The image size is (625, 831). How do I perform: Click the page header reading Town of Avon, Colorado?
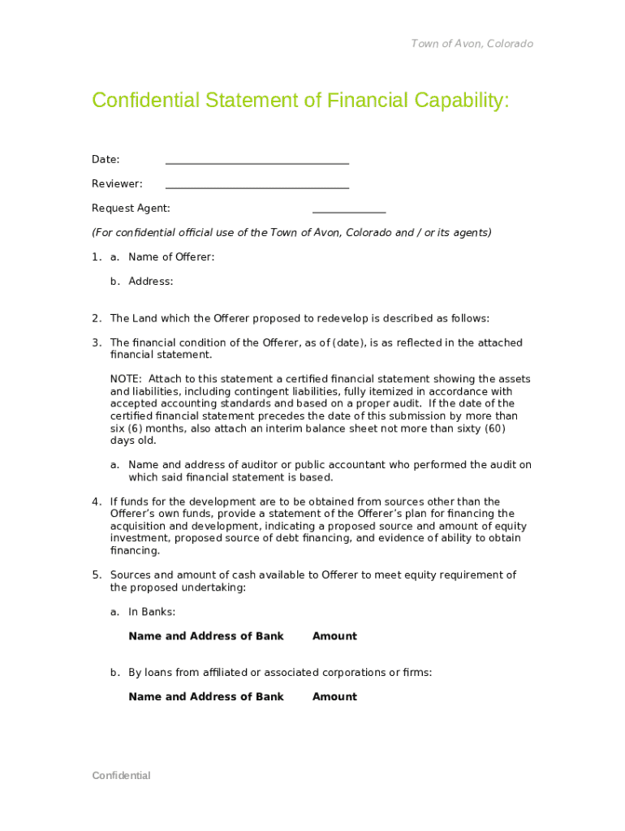coord(472,44)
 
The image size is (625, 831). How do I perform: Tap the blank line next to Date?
coord(256,162)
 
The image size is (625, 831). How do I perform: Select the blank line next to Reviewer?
coord(256,187)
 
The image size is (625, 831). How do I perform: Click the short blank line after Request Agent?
coord(349,212)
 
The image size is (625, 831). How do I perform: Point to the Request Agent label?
coord(131,209)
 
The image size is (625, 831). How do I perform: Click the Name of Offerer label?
coord(171,257)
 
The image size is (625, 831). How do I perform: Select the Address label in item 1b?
coord(150,282)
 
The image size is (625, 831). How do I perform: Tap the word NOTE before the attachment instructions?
coord(125,379)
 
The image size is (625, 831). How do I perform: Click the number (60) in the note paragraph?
coord(495,428)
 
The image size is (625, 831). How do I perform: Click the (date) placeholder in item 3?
coord(347,342)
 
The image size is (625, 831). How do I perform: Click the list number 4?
coord(96,502)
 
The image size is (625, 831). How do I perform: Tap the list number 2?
coord(96,318)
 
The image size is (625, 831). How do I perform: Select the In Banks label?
coord(152,612)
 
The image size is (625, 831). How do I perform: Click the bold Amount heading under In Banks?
coord(334,636)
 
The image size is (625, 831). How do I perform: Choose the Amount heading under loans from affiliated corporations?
coord(334,696)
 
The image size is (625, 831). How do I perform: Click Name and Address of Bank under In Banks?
coord(206,636)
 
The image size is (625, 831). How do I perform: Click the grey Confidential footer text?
coord(121,775)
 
